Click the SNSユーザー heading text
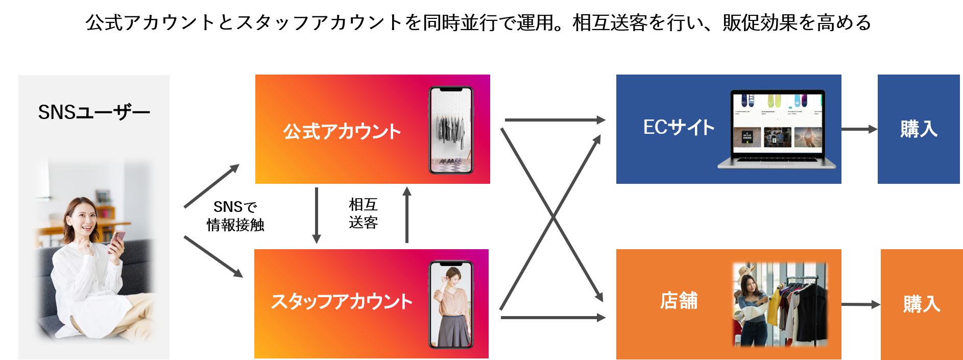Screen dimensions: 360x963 pos(94,112)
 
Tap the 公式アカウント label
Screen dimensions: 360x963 pos(342,132)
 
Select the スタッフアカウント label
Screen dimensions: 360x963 pos(342,301)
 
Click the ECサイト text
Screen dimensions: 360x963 pos(679,128)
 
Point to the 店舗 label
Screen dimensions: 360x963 pos(679,301)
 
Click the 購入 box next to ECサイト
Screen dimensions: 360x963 pos(919,129)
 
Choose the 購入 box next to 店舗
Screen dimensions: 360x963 pos(921,304)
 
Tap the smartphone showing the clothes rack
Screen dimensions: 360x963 pos(451,130)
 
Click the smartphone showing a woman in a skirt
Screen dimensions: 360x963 pos(451,304)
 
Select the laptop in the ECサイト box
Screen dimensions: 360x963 pos(777,130)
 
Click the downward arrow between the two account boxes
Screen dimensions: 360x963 pos(317,214)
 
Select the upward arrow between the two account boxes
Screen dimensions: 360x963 pos(407,214)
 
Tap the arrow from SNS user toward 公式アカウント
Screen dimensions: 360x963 pos(211,186)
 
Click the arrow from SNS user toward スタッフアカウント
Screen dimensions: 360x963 pos(213,256)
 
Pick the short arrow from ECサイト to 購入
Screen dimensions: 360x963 pos(859,129)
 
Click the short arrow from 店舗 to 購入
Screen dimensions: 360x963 pos(860,305)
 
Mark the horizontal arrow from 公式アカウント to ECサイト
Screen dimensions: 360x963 pos(555,120)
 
